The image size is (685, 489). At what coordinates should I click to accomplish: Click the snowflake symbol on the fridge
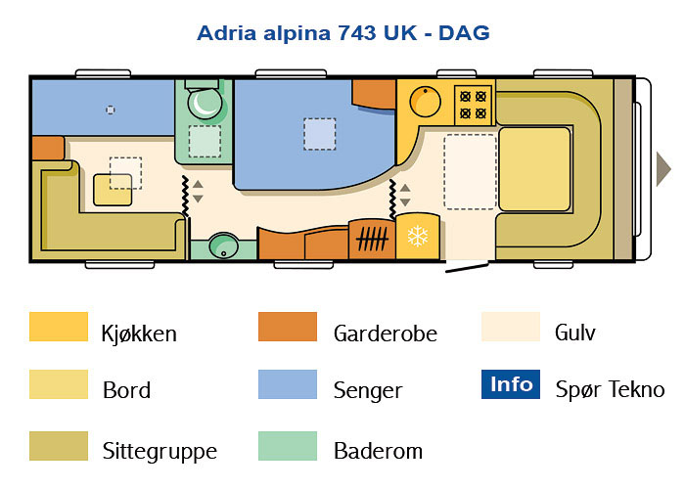click(x=418, y=237)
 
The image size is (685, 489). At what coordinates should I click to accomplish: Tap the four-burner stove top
click(x=473, y=105)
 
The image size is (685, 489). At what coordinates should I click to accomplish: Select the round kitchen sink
click(x=425, y=102)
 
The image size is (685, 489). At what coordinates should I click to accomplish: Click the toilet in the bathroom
click(x=205, y=102)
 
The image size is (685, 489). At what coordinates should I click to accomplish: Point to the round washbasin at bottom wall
click(x=224, y=245)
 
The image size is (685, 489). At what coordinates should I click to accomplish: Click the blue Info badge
click(x=511, y=384)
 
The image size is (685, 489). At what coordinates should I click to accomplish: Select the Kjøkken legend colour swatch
click(x=59, y=327)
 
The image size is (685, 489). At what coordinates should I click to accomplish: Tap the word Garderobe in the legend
click(x=386, y=333)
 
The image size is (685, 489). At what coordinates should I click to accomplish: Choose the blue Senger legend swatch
click(x=288, y=384)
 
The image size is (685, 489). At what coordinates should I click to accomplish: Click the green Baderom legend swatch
click(x=288, y=446)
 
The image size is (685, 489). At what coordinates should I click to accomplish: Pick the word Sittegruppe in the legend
click(x=160, y=452)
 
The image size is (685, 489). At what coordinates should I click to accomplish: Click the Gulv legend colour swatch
click(x=511, y=327)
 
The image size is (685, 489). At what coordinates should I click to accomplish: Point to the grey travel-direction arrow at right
click(x=663, y=169)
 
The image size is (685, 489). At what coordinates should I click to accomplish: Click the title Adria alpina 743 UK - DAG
click(x=343, y=33)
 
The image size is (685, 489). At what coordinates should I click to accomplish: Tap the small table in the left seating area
click(x=113, y=190)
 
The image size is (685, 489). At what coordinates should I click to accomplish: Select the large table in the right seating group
click(x=534, y=169)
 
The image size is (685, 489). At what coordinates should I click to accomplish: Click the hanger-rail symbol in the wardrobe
click(x=372, y=239)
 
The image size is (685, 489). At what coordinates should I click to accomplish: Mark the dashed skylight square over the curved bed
click(x=320, y=134)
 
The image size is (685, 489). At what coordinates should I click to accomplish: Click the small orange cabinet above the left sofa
click(x=48, y=148)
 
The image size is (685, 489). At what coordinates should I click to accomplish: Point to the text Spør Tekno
click(x=610, y=389)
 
